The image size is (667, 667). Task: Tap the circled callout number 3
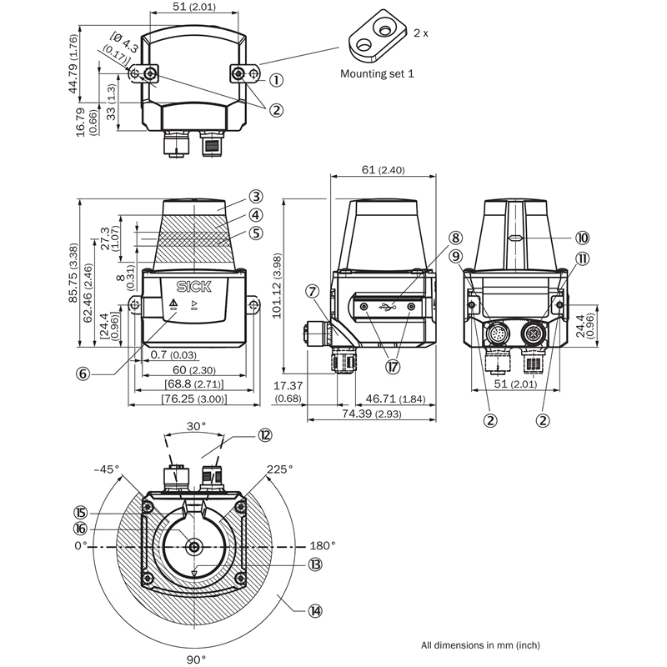point(256,198)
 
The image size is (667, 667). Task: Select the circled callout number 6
point(83,374)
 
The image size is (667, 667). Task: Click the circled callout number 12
point(264,434)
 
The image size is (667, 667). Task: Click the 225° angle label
point(279,470)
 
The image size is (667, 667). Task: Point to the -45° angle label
point(105,470)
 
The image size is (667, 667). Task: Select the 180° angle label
point(323,546)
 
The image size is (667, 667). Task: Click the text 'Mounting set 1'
point(378,73)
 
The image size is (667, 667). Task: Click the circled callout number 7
point(312,292)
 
